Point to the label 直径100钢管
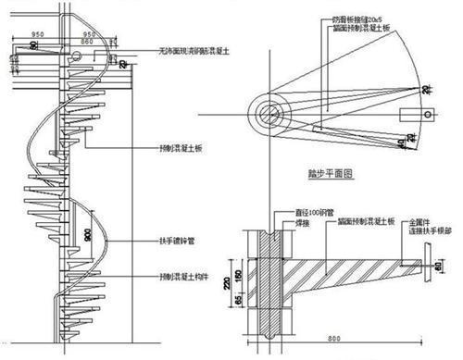(x=300, y=212)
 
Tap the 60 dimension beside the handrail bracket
(x=439, y=266)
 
